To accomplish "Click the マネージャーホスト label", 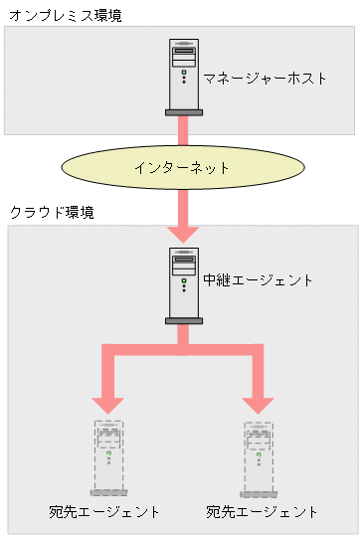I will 265,78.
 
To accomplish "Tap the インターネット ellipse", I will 182,167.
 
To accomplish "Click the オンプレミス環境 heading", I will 64,16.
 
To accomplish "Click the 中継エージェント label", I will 258,280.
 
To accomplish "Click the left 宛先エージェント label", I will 104,512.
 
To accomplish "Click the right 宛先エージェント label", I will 263,512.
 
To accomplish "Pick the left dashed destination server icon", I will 108,455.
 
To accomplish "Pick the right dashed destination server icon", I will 260,455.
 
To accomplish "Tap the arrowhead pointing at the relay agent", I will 183,231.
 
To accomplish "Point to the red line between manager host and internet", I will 183,130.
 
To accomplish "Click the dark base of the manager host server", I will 183,112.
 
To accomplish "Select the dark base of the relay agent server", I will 183,321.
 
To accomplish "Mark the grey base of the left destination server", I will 108,492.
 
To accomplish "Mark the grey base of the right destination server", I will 260,492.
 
